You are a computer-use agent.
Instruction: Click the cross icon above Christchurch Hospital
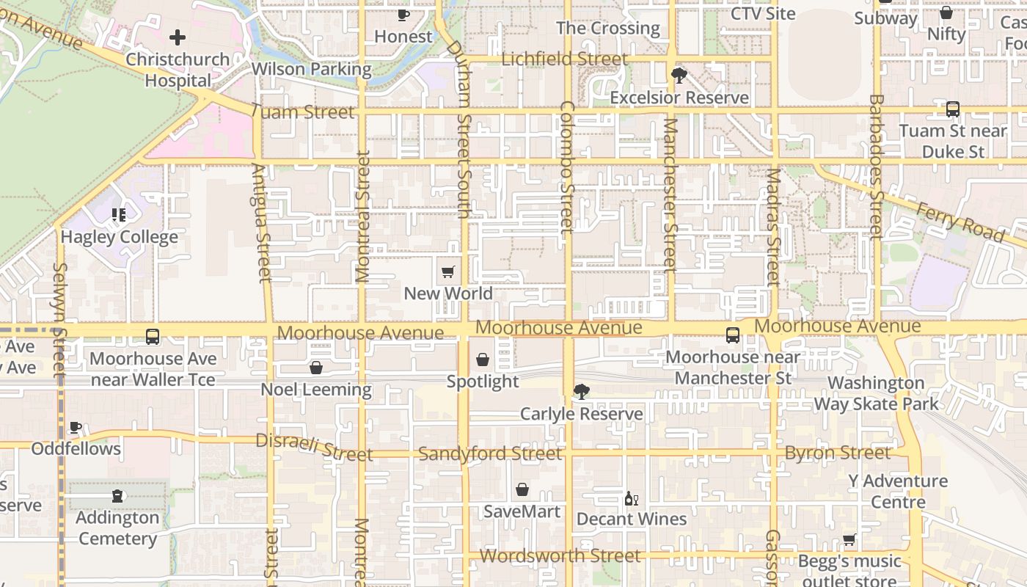(178, 37)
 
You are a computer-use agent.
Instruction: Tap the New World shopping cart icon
(448, 272)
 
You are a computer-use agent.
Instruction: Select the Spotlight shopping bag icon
(483, 360)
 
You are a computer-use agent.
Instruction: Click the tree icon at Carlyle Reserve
(582, 392)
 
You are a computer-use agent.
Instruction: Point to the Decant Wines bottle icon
(631, 499)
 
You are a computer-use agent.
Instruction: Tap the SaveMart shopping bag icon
(522, 489)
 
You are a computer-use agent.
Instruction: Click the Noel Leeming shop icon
(316, 368)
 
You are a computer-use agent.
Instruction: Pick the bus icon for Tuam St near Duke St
(952, 109)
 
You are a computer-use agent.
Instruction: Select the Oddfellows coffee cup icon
(76, 427)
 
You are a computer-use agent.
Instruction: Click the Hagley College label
(119, 237)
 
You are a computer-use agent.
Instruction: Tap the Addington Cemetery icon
(117, 496)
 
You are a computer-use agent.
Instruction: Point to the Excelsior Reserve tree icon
(679, 75)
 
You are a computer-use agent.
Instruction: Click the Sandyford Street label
(490, 454)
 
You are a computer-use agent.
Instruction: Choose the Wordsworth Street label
(560, 555)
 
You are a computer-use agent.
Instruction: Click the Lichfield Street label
(564, 59)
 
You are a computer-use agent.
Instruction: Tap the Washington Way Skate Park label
(876, 393)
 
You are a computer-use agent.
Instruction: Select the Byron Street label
(838, 453)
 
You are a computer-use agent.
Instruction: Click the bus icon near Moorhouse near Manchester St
(733, 335)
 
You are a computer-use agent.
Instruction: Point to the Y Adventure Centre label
(898, 492)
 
